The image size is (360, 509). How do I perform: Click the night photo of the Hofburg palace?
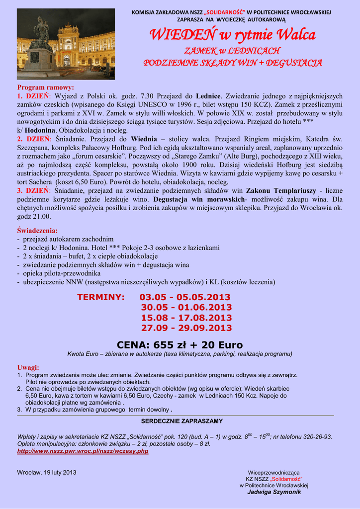66,44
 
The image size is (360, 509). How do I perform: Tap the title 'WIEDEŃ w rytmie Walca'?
233,35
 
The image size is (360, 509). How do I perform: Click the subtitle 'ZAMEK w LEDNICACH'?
233,51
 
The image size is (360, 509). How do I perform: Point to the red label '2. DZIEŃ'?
34,139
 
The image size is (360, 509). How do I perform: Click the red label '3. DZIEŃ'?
34,190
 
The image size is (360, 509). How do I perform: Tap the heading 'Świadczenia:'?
37,231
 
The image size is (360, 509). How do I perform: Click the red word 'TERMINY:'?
100,297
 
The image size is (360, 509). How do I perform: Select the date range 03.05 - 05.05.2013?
185,297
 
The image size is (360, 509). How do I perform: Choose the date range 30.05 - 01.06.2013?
186,308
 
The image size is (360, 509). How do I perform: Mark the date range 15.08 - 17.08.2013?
186,318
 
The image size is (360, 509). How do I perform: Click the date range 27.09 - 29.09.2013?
186,328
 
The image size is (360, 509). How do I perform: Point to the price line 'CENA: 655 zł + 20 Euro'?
180,345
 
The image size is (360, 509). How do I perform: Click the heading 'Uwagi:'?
28,367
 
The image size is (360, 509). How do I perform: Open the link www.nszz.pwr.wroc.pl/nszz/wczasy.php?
83,451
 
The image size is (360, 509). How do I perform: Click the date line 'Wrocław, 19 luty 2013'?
47,472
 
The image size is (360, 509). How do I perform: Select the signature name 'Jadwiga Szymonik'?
274,492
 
